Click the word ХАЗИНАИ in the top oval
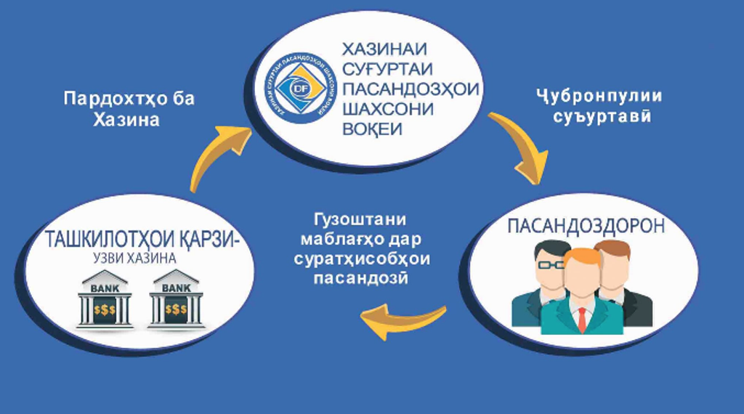pyautogui.click(x=384, y=51)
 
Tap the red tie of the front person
pyautogui.click(x=582, y=317)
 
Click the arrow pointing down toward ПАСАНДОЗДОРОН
pyautogui.click(x=520, y=145)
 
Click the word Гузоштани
pyautogui.click(x=360, y=220)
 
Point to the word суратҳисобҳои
pyautogui.click(x=362, y=259)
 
